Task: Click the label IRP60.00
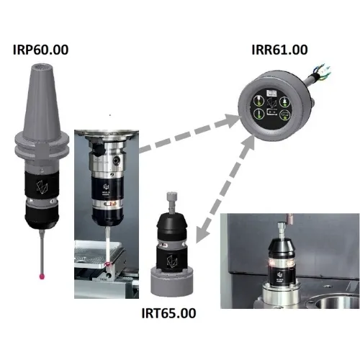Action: pyautogui.click(x=40, y=50)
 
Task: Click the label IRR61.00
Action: pyautogui.click(x=279, y=50)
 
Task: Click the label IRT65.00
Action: pyautogui.click(x=168, y=313)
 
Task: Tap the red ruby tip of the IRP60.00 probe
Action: pyautogui.click(x=42, y=276)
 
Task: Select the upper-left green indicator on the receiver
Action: pyautogui.click(x=258, y=102)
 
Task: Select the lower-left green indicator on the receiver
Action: pyautogui.click(x=258, y=114)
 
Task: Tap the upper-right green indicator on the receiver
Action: pyautogui.click(x=285, y=102)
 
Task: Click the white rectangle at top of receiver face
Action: pyautogui.click(x=272, y=93)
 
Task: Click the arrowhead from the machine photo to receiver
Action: pyautogui.click(x=232, y=120)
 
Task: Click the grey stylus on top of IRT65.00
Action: pyautogui.click(x=172, y=202)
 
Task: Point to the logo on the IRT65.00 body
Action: pyautogui.click(x=172, y=261)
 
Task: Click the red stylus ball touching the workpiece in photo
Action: pyautogui.click(x=107, y=264)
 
